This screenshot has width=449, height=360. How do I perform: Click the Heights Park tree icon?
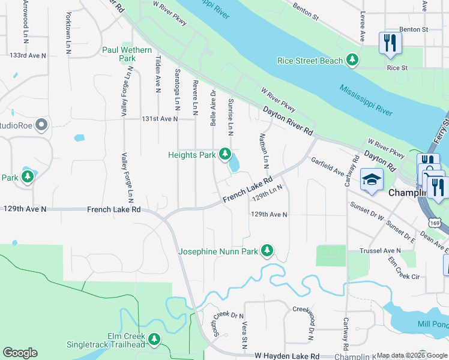click(225, 155)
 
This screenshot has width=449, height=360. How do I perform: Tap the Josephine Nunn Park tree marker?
click(267, 250)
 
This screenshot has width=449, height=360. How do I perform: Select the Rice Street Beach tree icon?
click(354, 60)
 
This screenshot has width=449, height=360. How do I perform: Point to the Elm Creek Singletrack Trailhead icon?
click(155, 340)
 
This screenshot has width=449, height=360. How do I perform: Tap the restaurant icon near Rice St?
click(390, 43)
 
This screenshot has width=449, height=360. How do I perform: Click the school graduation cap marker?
click(372, 179)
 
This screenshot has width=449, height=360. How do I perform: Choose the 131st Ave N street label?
click(159, 119)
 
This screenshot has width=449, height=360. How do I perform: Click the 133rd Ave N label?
click(28, 55)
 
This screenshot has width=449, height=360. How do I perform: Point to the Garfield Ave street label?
click(327, 166)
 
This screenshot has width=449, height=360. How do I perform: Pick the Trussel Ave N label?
click(379, 250)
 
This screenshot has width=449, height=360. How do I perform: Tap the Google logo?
click(20, 353)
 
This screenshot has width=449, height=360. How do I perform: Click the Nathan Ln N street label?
click(264, 151)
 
